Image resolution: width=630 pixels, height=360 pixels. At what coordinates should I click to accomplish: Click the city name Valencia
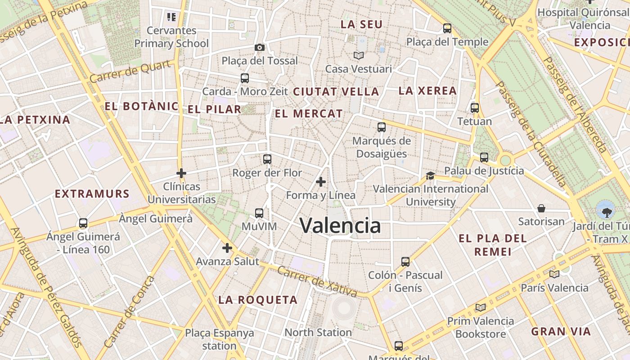tap(340, 225)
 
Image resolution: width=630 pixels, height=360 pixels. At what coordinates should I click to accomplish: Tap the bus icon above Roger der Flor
tap(267, 159)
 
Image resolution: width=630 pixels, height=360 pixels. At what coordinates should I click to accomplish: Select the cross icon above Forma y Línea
tap(321, 182)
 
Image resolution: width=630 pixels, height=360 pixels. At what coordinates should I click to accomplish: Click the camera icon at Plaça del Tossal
tap(259, 47)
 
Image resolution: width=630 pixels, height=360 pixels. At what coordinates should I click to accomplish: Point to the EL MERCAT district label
tap(309, 114)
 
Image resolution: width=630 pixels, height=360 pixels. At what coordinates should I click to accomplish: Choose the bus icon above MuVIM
tap(259, 213)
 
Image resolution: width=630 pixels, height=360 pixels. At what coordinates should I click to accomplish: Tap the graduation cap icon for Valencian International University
tap(431, 175)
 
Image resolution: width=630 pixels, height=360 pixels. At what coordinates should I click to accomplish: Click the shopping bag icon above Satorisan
tap(541, 208)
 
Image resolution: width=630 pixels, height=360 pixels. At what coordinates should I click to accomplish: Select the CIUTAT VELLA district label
tap(336, 92)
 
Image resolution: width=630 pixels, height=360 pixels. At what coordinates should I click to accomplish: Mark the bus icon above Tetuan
tap(475, 108)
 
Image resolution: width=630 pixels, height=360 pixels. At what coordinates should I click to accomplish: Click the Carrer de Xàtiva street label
tap(317, 282)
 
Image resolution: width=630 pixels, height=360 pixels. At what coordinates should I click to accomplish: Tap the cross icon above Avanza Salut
tap(227, 248)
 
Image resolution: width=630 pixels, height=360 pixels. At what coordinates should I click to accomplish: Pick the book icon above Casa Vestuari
tap(359, 55)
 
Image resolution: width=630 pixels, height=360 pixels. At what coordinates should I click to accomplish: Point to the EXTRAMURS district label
tap(92, 194)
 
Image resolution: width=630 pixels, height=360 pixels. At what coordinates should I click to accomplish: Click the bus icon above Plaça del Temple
tap(447, 28)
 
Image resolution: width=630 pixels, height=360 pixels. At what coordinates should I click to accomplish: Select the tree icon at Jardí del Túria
tap(605, 210)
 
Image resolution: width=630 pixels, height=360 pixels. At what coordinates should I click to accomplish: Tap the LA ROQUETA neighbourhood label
tap(258, 300)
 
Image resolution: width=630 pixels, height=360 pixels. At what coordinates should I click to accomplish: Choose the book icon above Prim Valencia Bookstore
tap(481, 307)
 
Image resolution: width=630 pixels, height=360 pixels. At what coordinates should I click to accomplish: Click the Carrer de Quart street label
tap(131, 72)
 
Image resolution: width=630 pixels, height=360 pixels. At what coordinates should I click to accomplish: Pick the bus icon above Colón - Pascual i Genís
tap(405, 261)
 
